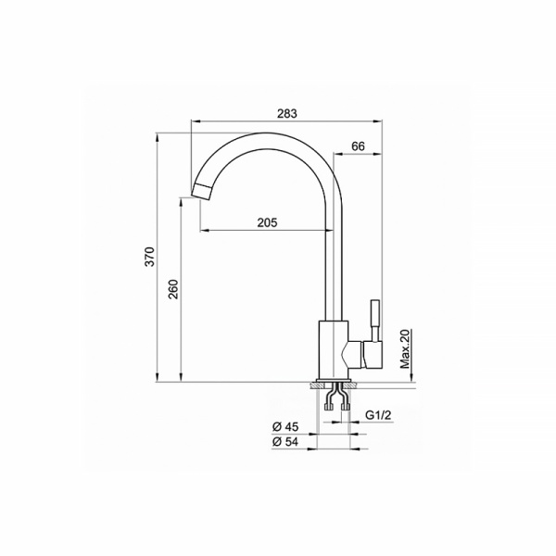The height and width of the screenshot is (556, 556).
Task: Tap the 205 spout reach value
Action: coord(267,222)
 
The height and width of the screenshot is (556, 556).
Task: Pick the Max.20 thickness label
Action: coord(405,348)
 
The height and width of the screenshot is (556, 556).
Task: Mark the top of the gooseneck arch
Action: coord(269,135)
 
